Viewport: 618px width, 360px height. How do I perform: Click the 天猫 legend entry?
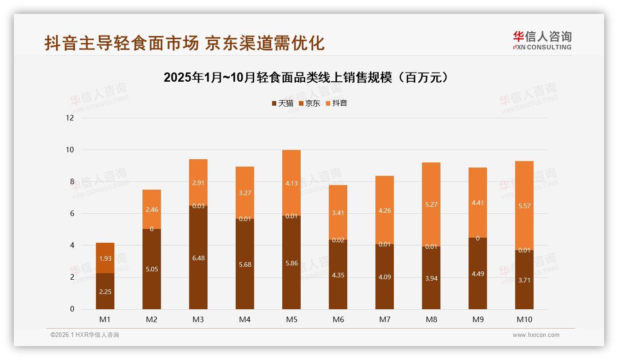282,103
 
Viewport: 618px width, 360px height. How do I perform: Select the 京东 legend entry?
309,103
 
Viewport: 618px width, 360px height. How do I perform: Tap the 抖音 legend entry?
336,103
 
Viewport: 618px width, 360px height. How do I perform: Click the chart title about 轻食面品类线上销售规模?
306,78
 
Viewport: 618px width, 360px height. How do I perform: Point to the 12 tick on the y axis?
70,118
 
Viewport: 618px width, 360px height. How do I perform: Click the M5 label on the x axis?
291,319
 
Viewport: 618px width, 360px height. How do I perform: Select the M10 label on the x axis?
524,319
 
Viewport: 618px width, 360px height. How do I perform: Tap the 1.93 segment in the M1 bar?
105,258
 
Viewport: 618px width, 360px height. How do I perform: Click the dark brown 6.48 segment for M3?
198,258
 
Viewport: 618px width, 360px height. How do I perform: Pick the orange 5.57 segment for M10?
524,206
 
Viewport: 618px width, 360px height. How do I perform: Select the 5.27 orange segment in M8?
431,204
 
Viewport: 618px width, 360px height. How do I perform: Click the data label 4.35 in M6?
338,275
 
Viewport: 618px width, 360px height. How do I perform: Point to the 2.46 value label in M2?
152,210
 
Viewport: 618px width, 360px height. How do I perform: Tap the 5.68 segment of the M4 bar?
245,264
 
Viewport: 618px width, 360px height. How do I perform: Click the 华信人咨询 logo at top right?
542,40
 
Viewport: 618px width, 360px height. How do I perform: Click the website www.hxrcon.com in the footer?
536,335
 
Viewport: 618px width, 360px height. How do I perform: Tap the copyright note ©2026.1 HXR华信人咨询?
85,335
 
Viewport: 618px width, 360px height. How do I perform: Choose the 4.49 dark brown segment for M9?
478,273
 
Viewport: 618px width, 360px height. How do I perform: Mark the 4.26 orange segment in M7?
385,210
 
